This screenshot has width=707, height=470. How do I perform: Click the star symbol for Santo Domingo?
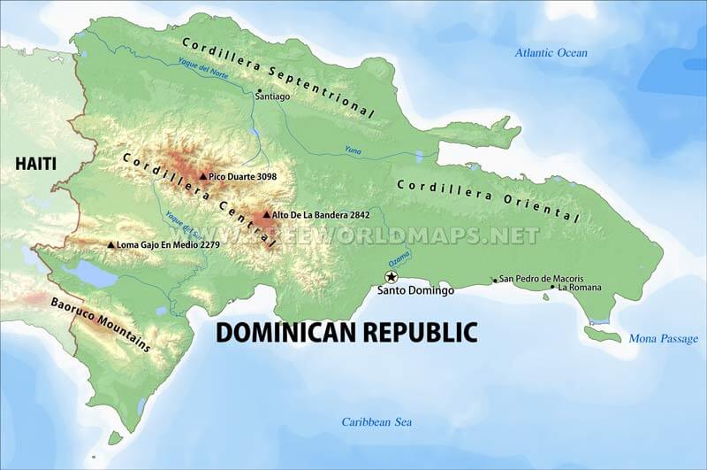point(392,276)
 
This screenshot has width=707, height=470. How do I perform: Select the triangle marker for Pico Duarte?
point(202,176)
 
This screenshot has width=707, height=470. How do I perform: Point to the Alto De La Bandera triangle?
point(266,214)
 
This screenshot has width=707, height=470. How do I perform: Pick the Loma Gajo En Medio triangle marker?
point(110,244)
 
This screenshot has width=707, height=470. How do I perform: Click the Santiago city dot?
point(258,91)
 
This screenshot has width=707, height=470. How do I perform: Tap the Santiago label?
point(271,98)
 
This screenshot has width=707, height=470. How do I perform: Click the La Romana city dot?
point(552,287)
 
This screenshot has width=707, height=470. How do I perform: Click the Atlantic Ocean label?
point(551,53)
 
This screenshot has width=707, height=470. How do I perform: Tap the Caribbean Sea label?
point(376,422)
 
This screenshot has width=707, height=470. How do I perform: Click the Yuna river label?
point(353,149)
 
